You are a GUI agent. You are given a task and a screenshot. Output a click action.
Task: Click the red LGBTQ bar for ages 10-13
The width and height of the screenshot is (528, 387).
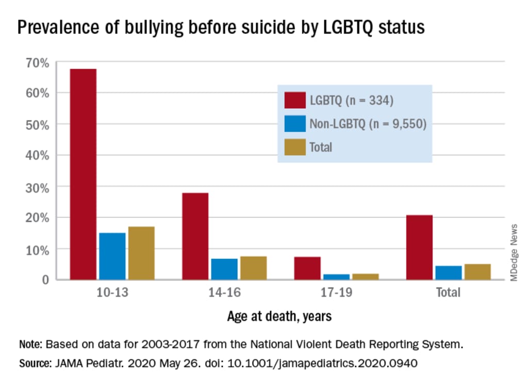[83, 174]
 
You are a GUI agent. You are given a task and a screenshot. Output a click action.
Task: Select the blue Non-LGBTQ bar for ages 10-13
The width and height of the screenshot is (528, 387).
[112, 256]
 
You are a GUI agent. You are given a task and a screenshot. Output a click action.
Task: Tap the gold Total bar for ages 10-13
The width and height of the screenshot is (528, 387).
[141, 253]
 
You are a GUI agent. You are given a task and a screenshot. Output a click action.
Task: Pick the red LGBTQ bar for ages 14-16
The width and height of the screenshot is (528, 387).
[195, 236]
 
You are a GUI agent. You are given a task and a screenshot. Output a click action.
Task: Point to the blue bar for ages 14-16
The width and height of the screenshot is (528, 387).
[224, 269]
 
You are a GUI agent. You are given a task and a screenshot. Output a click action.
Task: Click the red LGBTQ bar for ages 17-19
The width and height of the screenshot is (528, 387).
[307, 268]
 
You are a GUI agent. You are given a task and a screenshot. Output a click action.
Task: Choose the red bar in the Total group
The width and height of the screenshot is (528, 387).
[419, 247]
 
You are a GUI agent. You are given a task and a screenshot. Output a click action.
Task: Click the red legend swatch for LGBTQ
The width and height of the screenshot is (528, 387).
[294, 99]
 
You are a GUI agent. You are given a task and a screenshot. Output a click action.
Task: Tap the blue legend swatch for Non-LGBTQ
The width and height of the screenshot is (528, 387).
[294, 123]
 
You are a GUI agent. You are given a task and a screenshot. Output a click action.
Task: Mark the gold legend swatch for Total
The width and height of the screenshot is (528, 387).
[294, 146]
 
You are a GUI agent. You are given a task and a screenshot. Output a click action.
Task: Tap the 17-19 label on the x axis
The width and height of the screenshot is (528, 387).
[336, 293]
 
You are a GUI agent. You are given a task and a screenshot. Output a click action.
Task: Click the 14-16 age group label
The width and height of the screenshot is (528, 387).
[224, 293]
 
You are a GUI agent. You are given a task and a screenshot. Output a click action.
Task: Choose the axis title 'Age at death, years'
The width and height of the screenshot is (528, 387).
[279, 315]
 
